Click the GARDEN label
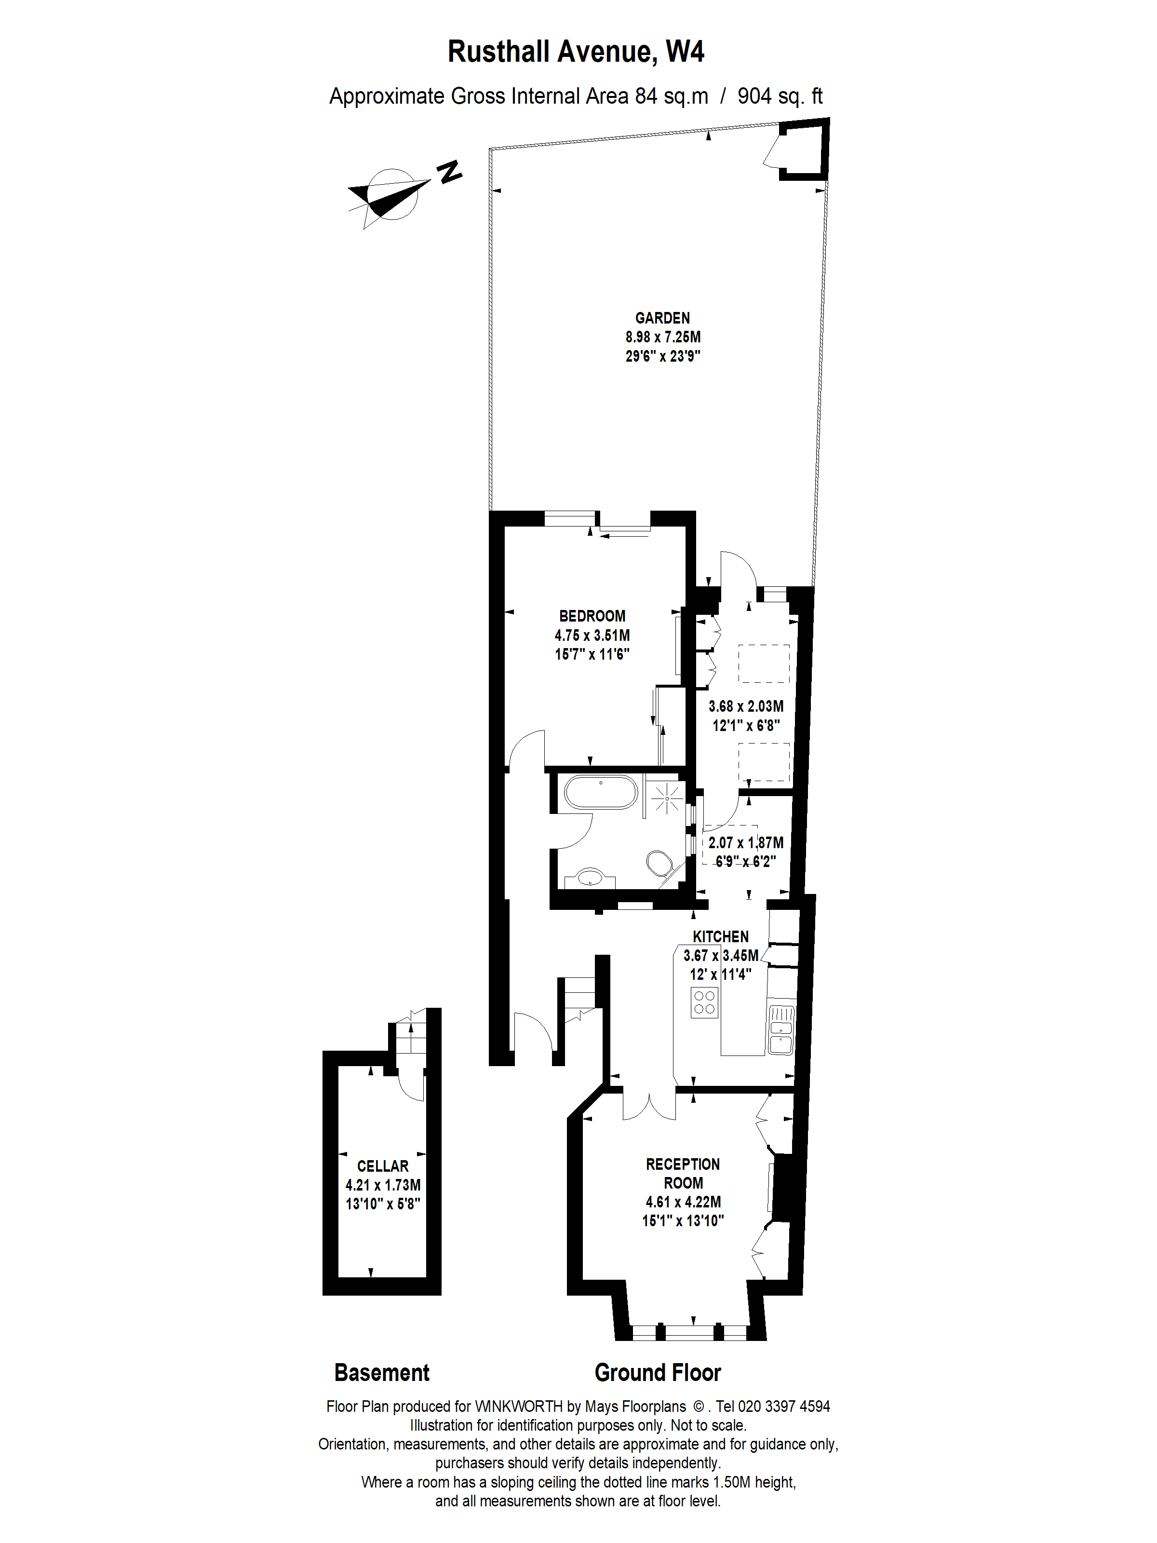662,318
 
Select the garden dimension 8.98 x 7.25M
662,337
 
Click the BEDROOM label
592,616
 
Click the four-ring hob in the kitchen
704,1002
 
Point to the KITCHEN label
720,937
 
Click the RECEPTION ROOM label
683,1173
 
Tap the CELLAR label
383,1166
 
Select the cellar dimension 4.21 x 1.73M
383,1185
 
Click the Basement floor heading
381,1373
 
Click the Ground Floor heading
657,1373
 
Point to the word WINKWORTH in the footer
518,1407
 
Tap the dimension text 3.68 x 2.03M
745,706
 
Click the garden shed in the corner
802,150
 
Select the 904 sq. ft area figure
780,96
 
